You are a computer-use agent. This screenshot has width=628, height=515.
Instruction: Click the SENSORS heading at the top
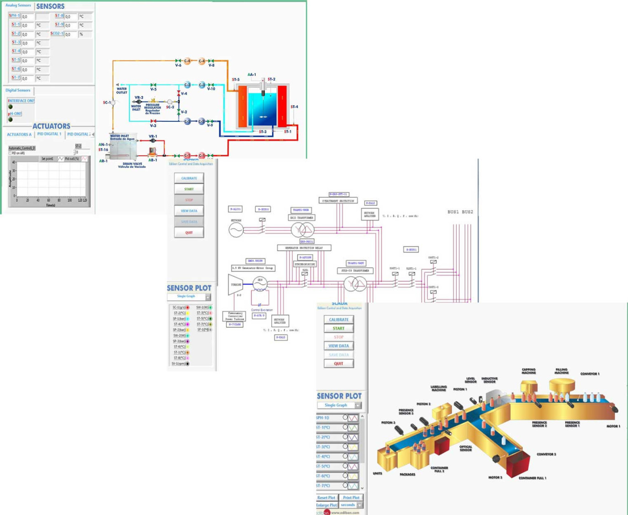click(50, 6)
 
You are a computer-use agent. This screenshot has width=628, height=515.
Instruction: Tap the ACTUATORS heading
click(51, 126)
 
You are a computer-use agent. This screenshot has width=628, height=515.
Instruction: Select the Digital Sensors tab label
click(18, 91)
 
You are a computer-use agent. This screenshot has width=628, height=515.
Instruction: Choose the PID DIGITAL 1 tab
click(49, 134)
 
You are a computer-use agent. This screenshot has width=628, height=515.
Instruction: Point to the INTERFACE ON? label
click(21, 101)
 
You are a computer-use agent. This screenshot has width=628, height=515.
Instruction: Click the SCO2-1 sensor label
click(57, 34)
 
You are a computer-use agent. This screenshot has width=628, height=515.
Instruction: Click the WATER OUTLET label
click(122, 91)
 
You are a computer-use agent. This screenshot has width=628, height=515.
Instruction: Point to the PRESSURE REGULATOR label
click(152, 108)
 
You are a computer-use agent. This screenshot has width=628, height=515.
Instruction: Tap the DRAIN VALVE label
click(132, 165)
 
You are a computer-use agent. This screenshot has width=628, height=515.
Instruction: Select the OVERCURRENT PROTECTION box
click(338, 201)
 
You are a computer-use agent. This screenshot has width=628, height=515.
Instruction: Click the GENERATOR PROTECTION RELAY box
click(304, 248)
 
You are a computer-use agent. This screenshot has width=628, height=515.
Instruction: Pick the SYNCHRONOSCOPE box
click(305, 264)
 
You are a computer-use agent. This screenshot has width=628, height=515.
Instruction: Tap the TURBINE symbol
click(236, 284)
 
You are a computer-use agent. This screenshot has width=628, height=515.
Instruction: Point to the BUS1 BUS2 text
click(460, 212)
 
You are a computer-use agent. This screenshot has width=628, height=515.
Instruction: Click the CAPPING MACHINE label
click(529, 371)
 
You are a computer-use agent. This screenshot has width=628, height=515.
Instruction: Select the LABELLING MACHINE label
click(438, 388)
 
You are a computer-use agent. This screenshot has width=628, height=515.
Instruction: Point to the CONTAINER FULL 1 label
click(532, 478)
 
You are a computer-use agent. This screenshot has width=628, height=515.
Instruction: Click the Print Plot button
click(351, 498)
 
